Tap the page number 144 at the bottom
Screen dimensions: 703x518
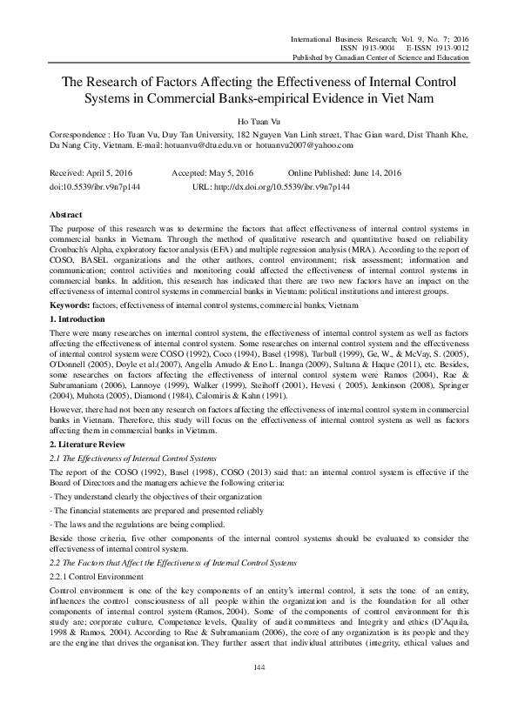pos(259,666)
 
